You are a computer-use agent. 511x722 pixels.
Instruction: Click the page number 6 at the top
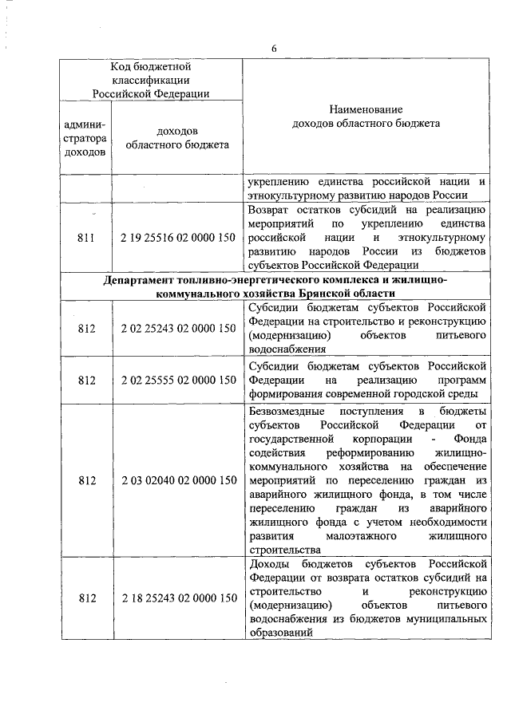click(x=273, y=49)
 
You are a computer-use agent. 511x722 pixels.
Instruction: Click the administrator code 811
click(x=88, y=238)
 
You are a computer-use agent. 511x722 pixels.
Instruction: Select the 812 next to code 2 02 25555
click(x=88, y=380)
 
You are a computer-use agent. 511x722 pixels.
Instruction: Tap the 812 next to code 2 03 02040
click(x=88, y=480)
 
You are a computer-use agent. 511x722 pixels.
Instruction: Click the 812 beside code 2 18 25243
click(x=88, y=598)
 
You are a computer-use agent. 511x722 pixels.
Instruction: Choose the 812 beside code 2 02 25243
click(x=88, y=328)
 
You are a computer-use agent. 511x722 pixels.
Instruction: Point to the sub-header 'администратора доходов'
click(x=88, y=137)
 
